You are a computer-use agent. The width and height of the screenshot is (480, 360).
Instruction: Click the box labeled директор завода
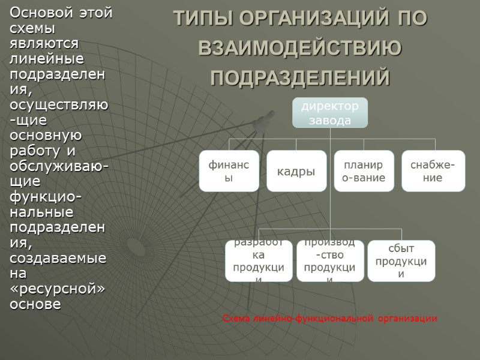tap(329, 113)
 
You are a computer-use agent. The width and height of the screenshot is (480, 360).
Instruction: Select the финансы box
tap(229, 170)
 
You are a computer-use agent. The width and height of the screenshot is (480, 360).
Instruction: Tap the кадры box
tap(296, 171)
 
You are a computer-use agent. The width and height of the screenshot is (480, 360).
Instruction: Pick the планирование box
tap(364, 170)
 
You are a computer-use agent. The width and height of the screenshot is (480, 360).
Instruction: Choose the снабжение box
tap(433, 170)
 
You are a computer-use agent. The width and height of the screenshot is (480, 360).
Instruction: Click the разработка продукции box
tap(259, 261)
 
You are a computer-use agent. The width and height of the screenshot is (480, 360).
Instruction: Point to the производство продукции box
tap(329, 261)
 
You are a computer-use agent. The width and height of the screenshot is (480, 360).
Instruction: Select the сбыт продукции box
tap(401, 261)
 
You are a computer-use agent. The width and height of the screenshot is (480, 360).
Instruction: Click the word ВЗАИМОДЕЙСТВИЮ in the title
tap(300, 49)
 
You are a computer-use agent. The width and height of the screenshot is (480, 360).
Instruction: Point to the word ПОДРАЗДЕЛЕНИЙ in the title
tap(300, 77)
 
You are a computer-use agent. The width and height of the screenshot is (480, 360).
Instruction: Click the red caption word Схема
tap(236, 319)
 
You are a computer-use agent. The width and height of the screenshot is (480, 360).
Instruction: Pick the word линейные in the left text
tap(47, 59)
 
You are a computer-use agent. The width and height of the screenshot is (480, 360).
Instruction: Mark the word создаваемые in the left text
tap(58, 258)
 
